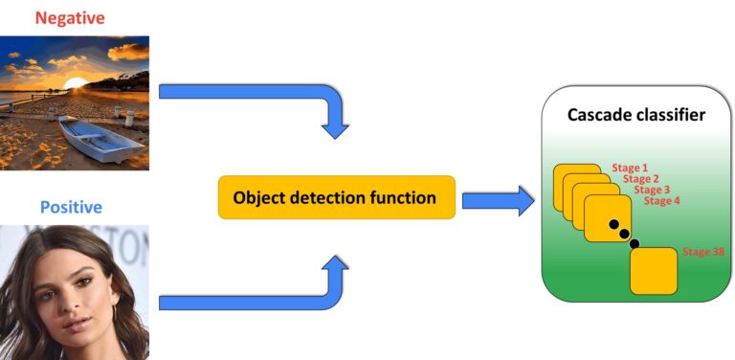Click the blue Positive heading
click(x=71, y=207)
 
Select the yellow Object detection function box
click(x=336, y=198)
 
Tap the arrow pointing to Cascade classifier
click(x=498, y=200)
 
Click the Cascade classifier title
click(x=636, y=115)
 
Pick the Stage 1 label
click(x=630, y=167)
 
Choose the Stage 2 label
click(x=640, y=178)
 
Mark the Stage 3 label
click(x=651, y=190)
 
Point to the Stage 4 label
click(x=661, y=201)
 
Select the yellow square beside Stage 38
click(x=654, y=270)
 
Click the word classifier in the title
click(x=670, y=115)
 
